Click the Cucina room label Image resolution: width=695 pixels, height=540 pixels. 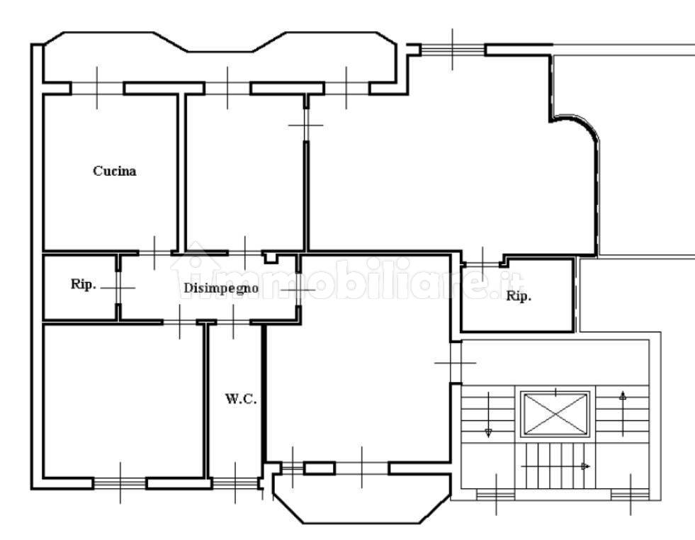pos(114,171)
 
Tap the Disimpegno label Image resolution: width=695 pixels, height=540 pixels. pos(221,288)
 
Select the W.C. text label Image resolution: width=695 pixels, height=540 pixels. pos(241,398)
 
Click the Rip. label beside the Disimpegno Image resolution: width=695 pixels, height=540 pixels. pos(84,284)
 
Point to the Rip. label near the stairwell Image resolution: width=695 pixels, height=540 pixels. pos(519,296)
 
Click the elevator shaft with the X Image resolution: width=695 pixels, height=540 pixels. pos(556,414)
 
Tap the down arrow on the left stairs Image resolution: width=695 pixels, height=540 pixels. pos(488,415)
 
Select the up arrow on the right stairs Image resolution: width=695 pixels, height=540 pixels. pos(623,414)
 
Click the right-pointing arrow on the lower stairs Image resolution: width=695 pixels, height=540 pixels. pos(555,466)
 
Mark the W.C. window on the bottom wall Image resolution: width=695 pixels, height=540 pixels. pos(235,483)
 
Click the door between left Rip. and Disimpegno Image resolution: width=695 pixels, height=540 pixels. pos(118,288)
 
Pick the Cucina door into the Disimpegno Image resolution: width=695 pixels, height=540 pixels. pos(154,253)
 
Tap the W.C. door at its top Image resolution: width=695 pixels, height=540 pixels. pos(234,322)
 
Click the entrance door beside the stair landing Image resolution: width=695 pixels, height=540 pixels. pos(456,363)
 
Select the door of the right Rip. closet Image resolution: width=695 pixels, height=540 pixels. pos(482,264)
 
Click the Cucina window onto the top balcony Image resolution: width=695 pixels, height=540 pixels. pos(97,88)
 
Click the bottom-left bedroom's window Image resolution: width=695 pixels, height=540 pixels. pos(120,483)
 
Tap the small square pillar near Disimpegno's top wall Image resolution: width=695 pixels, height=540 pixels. pos(270,257)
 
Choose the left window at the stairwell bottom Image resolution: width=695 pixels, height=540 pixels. pos(496,495)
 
